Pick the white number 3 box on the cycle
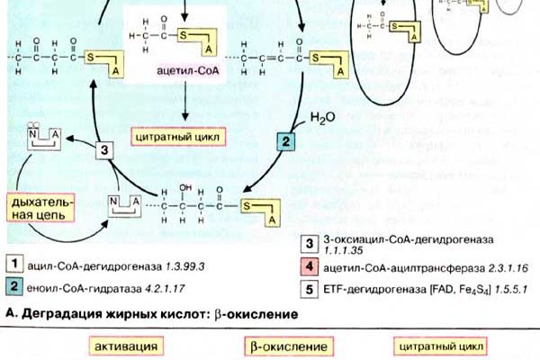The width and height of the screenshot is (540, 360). pos(105,150)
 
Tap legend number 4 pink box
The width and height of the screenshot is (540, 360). pos(308,267)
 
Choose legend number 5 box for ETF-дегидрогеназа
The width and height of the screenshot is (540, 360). pos(308,289)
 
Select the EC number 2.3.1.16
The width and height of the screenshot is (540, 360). pos(498,267)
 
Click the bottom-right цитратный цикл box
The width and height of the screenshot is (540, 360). pos(441,346)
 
